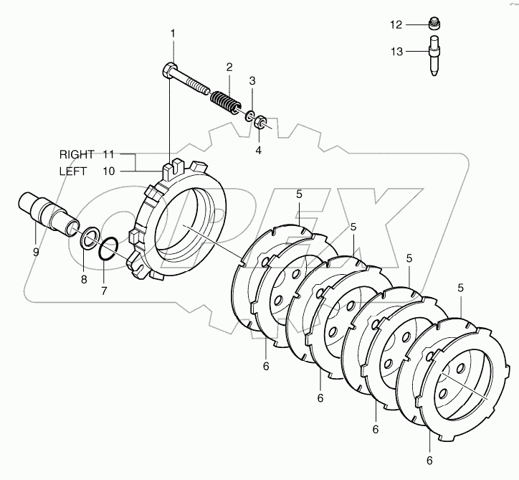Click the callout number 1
[172, 33]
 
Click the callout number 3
[252, 80]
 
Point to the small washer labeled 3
[248, 116]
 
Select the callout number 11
[108, 154]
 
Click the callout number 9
[35, 252]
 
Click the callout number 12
[396, 24]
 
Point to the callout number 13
[396, 51]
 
